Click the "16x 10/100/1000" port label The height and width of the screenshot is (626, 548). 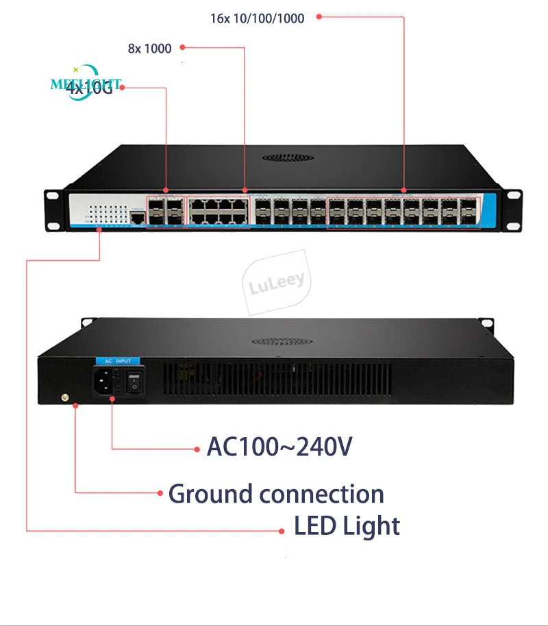(x=257, y=18)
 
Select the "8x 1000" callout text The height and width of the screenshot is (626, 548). (x=150, y=48)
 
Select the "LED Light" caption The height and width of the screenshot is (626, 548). (x=347, y=527)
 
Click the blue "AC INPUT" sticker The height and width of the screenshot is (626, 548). (x=116, y=360)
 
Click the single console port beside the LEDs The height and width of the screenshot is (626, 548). (x=137, y=217)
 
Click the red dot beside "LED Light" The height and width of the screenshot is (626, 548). (x=282, y=531)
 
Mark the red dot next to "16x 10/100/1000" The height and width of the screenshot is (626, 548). (x=319, y=18)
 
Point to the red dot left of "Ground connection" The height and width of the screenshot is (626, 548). (x=160, y=492)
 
